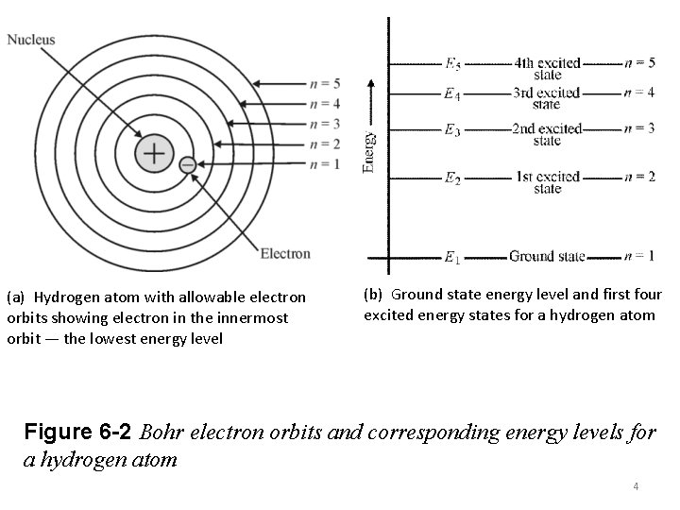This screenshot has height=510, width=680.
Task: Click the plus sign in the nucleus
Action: [153, 153]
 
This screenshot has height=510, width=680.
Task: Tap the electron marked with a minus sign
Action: [186, 164]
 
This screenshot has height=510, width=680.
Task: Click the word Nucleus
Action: [31, 40]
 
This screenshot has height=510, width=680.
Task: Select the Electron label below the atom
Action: [284, 253]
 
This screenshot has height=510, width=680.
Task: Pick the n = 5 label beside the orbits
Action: [325, 82]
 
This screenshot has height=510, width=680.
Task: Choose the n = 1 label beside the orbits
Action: [325, 164]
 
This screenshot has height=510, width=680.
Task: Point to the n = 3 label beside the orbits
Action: [325, 123]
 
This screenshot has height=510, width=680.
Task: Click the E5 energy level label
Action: [453, 64]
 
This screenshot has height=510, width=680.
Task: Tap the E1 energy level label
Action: [453, 256]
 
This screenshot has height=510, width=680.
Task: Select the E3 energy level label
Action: [453, 129]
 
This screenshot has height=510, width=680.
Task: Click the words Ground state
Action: [547, 256]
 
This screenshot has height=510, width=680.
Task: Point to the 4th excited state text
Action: [548, 69]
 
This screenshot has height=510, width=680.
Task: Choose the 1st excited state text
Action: [548, 182]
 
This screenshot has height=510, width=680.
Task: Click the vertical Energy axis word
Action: [370, 151]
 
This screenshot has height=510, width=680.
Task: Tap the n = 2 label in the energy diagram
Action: [639, 177]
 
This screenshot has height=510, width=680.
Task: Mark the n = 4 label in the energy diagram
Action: [639, 93]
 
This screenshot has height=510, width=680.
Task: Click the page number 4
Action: [637, 486]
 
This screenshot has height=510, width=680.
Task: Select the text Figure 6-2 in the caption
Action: [78, 433]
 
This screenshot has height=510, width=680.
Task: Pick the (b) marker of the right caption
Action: [374, 295]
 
